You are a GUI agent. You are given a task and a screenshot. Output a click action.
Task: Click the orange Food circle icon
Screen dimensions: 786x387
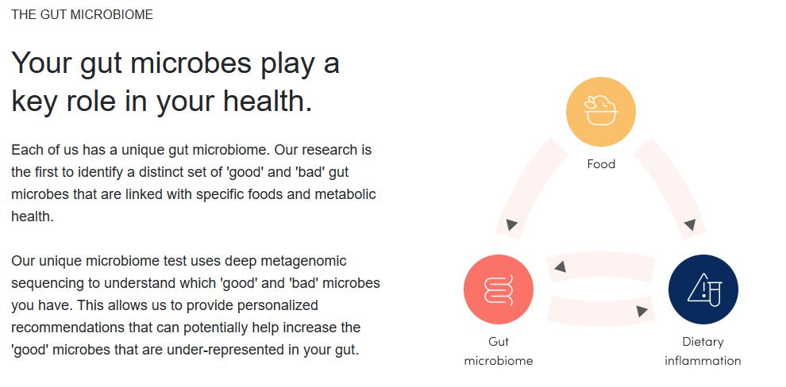[600, 111]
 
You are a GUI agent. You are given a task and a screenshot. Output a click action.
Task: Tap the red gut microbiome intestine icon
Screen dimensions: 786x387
[499, 289]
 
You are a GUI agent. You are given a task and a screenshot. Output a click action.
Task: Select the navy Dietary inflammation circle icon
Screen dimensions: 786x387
[703, 289]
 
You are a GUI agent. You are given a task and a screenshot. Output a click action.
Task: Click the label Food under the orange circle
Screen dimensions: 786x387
[600, 163]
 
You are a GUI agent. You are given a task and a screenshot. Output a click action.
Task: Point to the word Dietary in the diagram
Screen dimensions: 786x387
[703, 342]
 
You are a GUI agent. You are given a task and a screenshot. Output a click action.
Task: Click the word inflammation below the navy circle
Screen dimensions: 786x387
[703, 361]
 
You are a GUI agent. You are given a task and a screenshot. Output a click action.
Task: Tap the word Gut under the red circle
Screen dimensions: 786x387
[499, 342]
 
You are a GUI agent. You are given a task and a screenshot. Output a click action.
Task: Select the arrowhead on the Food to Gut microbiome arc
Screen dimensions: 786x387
[511, 224]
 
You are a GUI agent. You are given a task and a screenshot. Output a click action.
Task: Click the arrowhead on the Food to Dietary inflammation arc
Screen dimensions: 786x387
[690, 224]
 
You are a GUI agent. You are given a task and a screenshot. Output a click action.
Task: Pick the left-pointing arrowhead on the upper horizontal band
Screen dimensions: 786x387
[561, 266]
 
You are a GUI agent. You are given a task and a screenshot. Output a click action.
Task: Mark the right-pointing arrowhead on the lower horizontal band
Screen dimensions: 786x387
[642, 311]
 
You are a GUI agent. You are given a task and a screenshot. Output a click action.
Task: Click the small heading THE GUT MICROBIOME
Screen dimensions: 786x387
[83, 14]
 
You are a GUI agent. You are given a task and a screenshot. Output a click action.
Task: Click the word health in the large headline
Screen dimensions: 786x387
[268, 101]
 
